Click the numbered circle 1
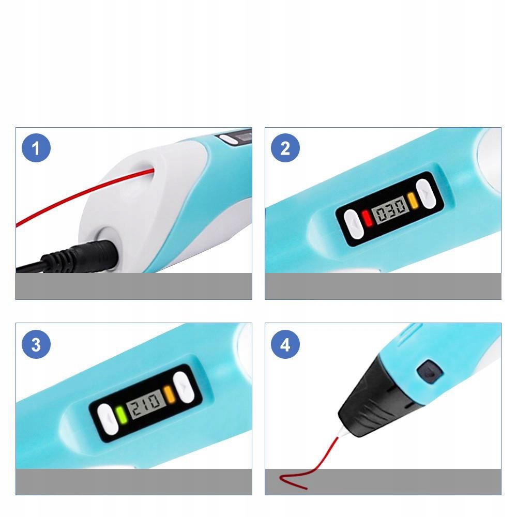click(36, 148)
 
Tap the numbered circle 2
click(285, 148)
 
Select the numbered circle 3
click(36, 344)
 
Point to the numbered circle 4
click(285, 344)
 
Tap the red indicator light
click(367, 218)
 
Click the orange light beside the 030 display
click(413, 201)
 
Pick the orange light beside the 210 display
click(169, 393)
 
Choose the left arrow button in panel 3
click(108, 419)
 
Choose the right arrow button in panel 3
click(184, 387)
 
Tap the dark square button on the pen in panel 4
click(430, 372)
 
